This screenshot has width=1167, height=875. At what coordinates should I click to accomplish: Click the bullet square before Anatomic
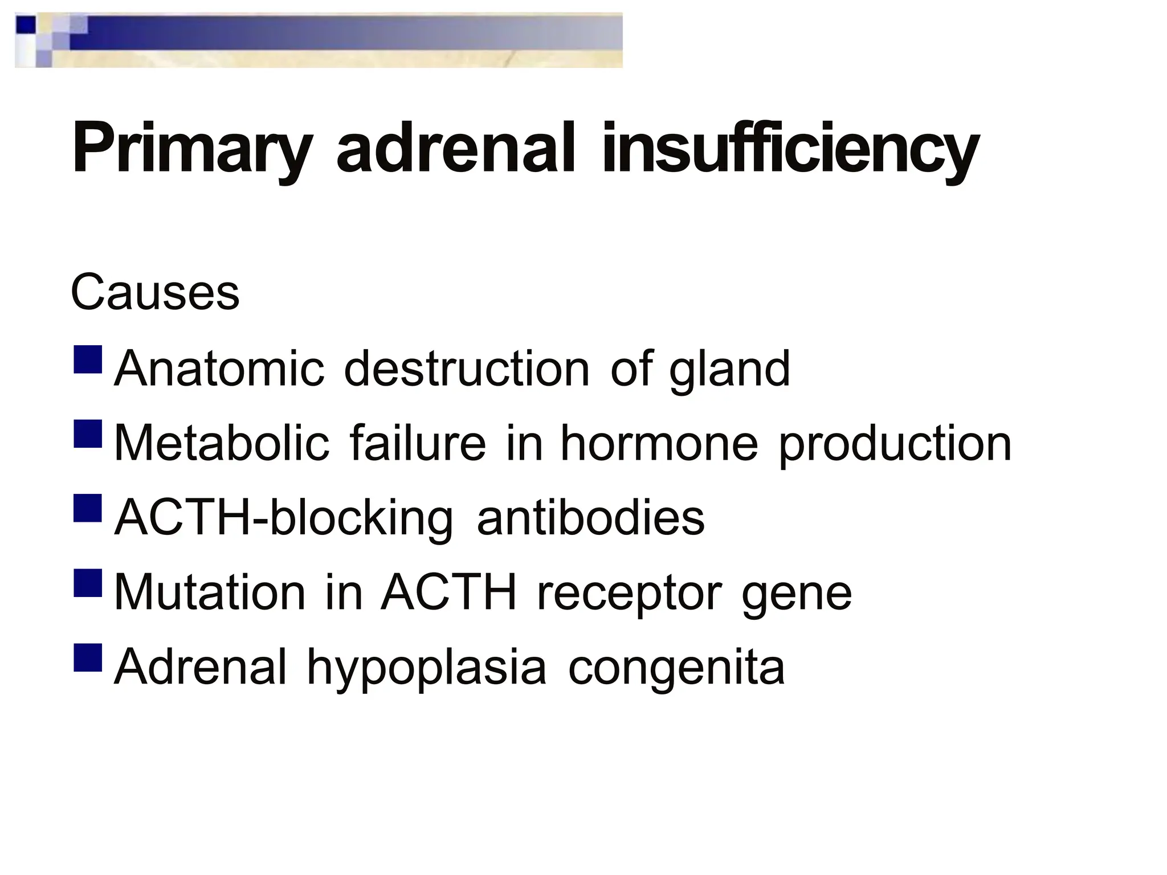(x=88, y=359)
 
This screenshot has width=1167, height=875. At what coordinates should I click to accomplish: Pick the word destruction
(x=467, y=369)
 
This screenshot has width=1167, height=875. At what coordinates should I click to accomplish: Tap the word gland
(x=729, y=370)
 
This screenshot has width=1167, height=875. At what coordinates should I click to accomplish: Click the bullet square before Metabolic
(x=88, y=434)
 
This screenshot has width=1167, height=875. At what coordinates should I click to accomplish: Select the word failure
(x=418, y=443)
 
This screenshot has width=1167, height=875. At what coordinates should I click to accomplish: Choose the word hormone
(x=659, y=443)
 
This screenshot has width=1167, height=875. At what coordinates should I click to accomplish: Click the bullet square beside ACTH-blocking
(x=88, y=508)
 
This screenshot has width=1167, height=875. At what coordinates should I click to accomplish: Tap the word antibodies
(x=591, y=518)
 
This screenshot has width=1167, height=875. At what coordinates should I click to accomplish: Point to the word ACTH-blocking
(x=284, y=519)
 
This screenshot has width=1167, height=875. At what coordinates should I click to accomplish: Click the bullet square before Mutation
(x=88, y=583)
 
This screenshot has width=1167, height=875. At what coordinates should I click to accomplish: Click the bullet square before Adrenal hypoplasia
(x=88, y=657)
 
